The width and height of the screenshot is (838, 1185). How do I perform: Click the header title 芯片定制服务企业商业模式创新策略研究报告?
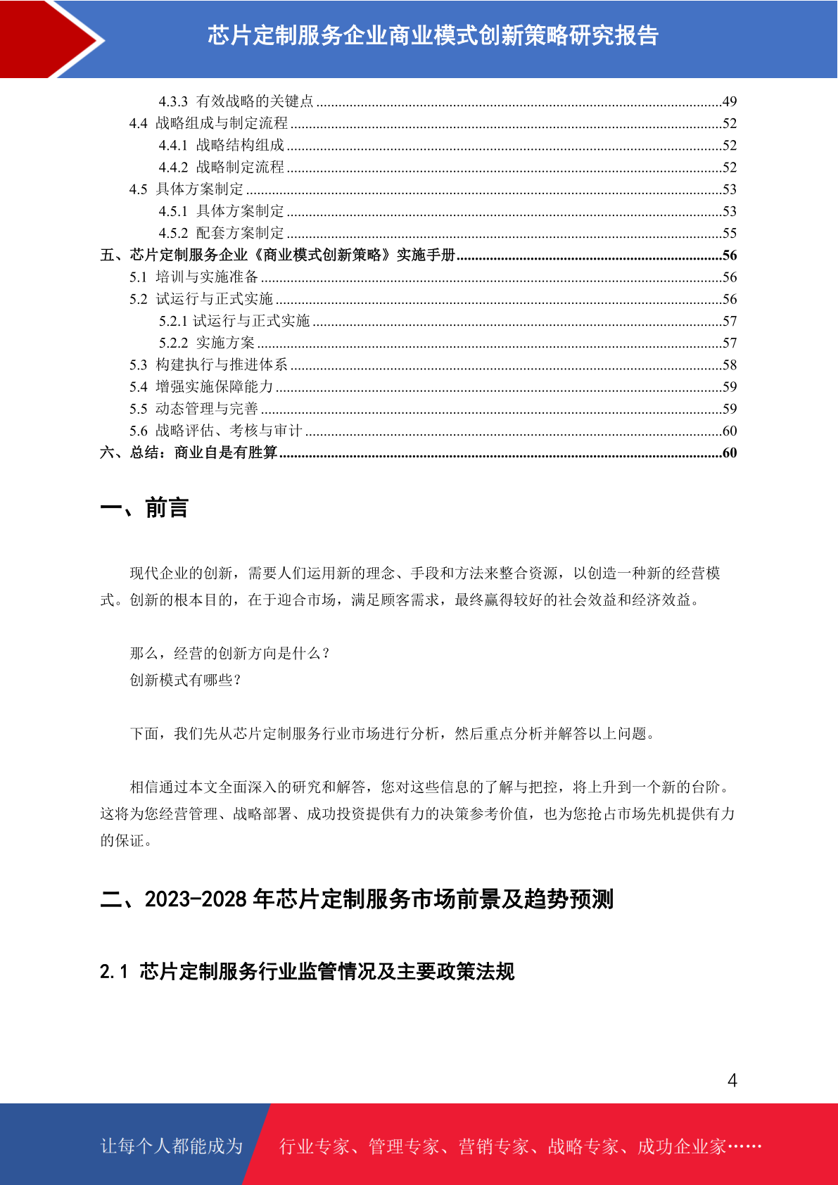[433, 35]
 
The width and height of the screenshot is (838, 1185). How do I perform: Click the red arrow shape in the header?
[49, 39]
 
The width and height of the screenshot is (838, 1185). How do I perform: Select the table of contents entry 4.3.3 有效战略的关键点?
[236, 101]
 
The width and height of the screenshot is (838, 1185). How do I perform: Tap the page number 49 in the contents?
[730, 101]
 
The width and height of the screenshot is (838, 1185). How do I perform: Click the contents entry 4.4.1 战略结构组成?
[221, 145]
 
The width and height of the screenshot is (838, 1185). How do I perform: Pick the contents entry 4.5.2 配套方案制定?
[221, 233]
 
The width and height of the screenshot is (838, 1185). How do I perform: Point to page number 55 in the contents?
[730, 233]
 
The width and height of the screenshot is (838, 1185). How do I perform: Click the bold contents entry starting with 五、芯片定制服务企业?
[278, 255]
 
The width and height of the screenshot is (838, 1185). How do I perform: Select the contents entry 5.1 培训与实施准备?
[193, 277]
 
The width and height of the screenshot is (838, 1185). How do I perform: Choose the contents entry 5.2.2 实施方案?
[206, 343]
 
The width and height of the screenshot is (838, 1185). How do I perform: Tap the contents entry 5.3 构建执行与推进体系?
[208, 365]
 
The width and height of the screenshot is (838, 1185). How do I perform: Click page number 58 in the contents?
[730, 365]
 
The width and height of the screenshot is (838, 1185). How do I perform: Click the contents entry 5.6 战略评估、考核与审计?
[215, 431]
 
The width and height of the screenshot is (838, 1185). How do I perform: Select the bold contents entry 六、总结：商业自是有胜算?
[189, 452]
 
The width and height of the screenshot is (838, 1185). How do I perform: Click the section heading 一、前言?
[144, 508]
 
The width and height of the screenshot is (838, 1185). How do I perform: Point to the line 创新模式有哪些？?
[186, 680]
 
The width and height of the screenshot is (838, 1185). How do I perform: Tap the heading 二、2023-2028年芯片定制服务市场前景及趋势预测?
[357, 899]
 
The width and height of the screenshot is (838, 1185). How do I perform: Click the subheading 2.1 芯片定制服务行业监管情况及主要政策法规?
[307, 972]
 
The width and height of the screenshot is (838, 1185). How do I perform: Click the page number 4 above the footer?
[732, 1080]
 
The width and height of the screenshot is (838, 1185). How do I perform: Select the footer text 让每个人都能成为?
[172, 1146]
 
